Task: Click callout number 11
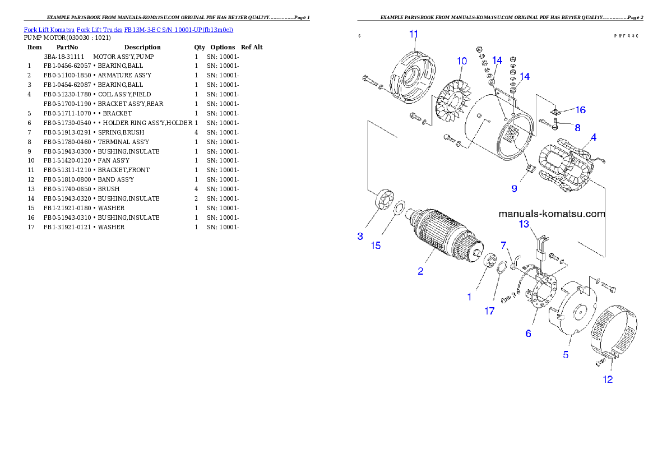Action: pos(414,34)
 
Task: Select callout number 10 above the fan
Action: pos(462,60)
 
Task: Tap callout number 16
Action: pos(580,110)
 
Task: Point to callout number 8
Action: pos(577,128)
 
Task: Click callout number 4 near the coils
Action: pos(593,137)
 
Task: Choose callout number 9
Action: pos(514,188)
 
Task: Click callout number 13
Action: pos(524,224)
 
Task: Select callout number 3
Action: pos(360,236)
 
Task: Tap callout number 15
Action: pos(376,246)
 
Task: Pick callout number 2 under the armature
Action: pos(420,271)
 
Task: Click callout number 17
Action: pos(490,311)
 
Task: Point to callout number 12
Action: pos(608,380)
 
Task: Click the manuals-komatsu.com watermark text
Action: pos(552,214)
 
